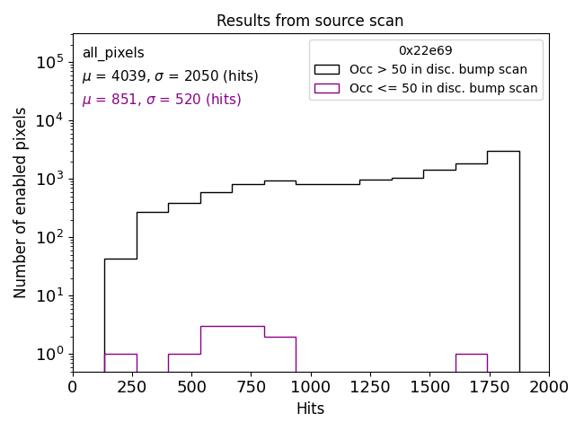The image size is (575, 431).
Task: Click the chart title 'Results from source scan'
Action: coord(310,21)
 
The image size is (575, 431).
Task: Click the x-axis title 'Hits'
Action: coord(310,409)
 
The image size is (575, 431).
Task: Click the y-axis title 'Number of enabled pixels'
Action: coord(21,202)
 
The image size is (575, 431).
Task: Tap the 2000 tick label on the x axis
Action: coord(548,387)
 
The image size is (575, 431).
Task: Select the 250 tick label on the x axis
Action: coord(132,387)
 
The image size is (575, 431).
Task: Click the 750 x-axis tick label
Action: coord(251,387)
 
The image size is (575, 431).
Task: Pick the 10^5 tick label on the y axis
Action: coord(49,62)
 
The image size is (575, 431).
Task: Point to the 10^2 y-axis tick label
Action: coord(49,237)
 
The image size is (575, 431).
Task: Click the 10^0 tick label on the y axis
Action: coord(49,354)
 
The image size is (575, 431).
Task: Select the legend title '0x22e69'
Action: coord(426,51)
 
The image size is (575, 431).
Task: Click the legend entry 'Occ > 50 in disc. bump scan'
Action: coord(438,69)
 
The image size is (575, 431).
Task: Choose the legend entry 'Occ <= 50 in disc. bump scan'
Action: coord(443,88)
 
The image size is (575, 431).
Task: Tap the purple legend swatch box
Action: coord(327,88)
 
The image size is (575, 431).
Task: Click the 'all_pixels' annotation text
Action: coord(113,53)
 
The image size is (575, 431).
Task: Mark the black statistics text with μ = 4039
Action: coord(170,76)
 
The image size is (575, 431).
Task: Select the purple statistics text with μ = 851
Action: coord(162,100)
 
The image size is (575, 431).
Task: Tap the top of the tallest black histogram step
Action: coord(503,151)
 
